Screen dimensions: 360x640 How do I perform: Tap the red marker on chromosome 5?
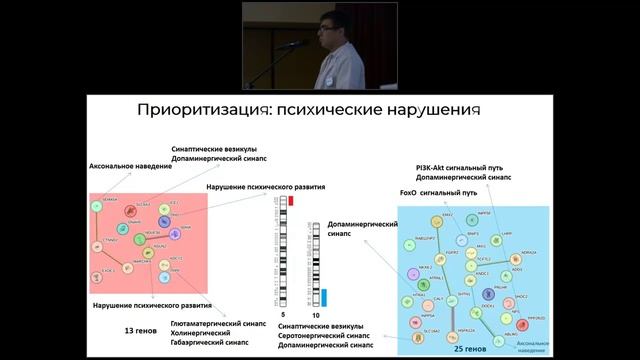pos(290,200)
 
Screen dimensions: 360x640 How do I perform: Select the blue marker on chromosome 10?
pos(324,296)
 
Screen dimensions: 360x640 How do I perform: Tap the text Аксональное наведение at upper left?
pos(129,166)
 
